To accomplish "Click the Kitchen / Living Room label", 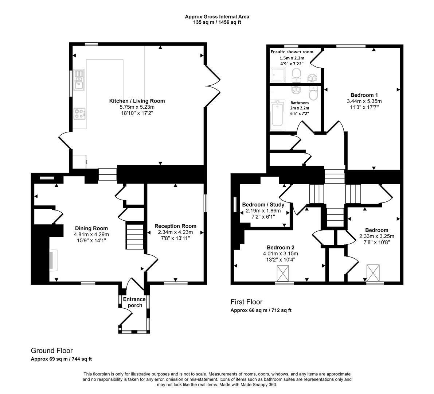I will [137, 101].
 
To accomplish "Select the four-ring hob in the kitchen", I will [79, 113].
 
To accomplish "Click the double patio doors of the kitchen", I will [213, 86].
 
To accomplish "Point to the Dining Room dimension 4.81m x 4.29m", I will [91, 235].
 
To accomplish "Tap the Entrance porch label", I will [134, 302].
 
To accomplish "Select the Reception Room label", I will [175, 226].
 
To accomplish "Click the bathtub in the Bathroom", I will [278, 114].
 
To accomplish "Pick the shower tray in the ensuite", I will [279, 74].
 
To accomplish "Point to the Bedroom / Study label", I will [263, 205].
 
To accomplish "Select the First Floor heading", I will [246, 302].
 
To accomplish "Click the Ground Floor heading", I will [52, 351].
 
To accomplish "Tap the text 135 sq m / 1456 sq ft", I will [217, 22].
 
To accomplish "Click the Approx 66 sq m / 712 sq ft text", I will [261, 310].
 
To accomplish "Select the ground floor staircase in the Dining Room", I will [135, 237].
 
